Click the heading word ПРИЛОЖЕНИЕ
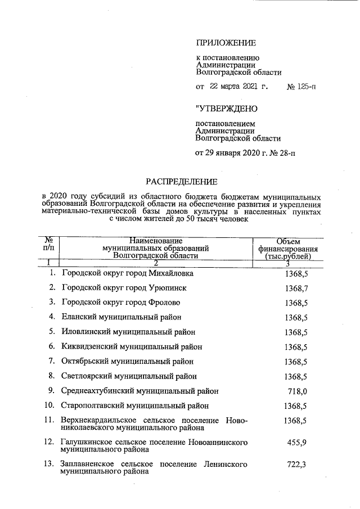(x=225, y=43)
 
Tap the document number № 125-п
(x=301, y=87)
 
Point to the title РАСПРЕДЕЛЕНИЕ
(x=181, y=181)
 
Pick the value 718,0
(x=299, y=390)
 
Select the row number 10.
(x=49, y=405)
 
